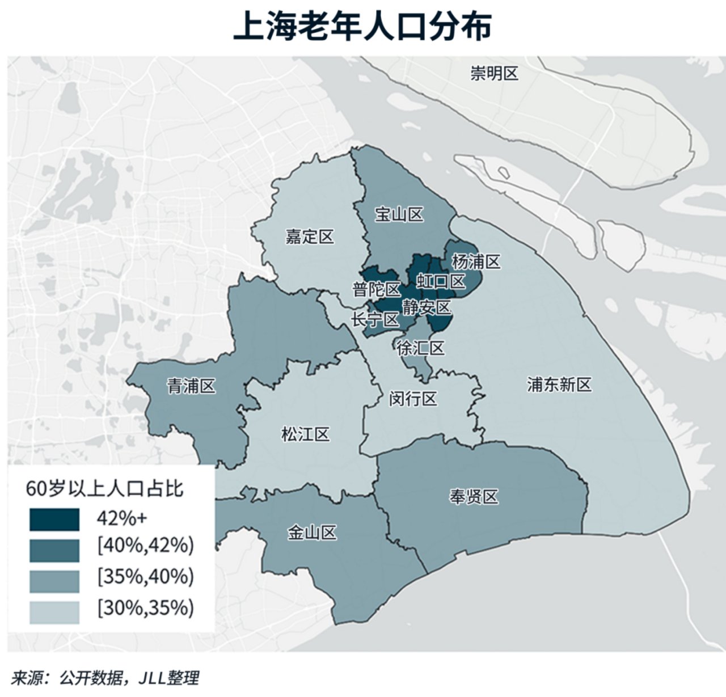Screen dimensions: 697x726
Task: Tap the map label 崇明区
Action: (494, 73)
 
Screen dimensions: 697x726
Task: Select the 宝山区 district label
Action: (399, 214)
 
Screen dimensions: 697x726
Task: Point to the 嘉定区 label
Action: (310, 236)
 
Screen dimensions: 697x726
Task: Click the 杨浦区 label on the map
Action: (476, 262)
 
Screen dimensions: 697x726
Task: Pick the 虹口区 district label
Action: (441, 281)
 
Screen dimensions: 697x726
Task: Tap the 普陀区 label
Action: (377, 290)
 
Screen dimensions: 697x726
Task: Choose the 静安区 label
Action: (427, 307)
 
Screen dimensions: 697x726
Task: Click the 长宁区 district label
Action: (375, 320)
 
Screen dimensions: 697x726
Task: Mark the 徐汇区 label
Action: (420, 348)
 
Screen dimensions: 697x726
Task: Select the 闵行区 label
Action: (413, 399)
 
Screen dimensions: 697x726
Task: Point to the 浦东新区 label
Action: (559, 385)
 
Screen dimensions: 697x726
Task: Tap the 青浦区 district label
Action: (191, 387)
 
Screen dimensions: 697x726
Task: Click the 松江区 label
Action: (305, 435)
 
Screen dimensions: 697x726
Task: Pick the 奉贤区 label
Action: (474, 497)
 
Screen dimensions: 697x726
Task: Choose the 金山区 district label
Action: (312, 533)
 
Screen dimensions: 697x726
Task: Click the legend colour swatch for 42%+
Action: (54, 519)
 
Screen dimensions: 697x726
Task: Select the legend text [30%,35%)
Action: (146, 608)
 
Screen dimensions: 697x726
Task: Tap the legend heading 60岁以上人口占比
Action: (105, 489)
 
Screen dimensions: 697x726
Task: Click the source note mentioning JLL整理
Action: (105, 678)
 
